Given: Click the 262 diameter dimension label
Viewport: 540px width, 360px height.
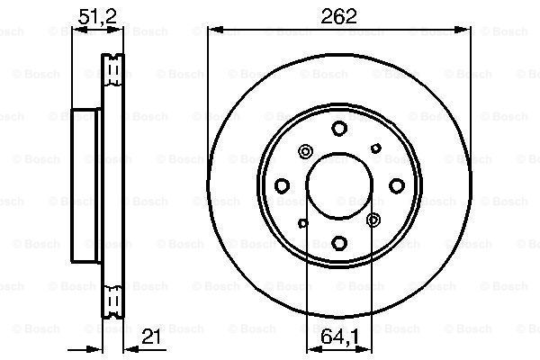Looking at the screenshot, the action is coord(338,16).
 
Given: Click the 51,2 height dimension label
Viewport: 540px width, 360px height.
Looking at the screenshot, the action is coord(97,16).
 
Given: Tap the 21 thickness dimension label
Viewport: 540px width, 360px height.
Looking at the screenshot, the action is coord(151,337).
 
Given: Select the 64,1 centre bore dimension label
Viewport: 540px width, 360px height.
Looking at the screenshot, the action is coord(339,337).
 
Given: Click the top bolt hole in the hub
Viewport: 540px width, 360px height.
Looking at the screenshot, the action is coord(339,128).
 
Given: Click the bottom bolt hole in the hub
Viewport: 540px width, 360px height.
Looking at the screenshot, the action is coord(339,242).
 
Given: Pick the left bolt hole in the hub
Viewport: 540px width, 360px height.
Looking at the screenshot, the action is coord(282,185).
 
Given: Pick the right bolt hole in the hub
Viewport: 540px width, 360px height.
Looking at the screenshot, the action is coord(397,185).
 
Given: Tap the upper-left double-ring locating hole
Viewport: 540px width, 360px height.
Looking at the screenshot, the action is coord(305,151).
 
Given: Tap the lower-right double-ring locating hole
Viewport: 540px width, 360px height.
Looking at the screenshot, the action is coord(373,220).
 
